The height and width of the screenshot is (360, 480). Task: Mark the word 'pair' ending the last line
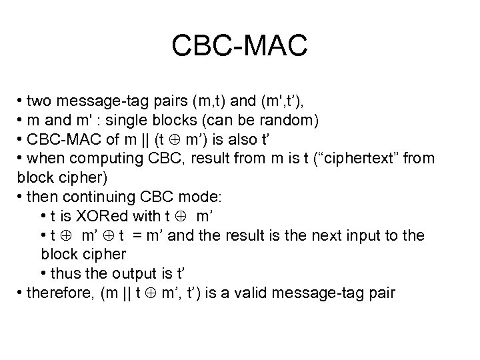381,292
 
